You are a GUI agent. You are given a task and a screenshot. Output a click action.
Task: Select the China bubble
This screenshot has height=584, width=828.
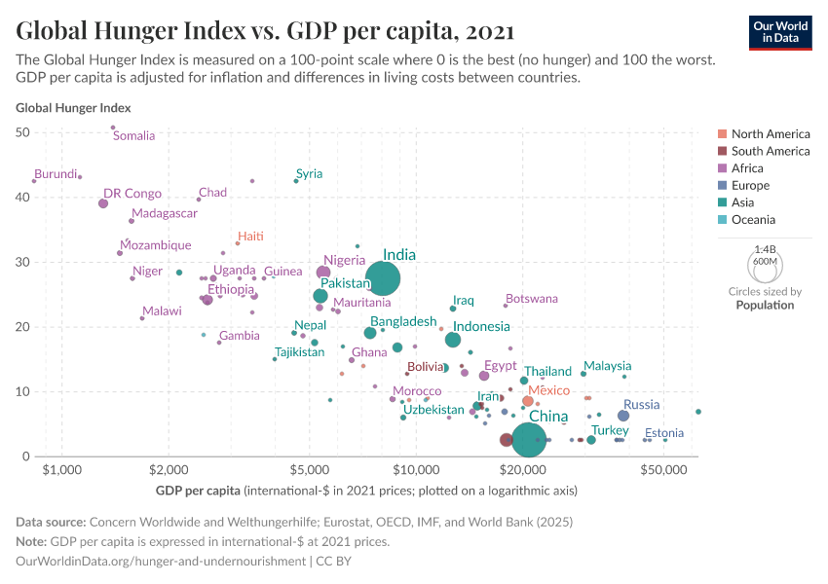[528, 440]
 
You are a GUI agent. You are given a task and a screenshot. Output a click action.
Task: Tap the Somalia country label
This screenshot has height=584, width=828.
[133, 135]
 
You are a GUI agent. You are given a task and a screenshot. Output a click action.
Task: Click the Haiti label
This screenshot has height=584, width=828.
[250, 237]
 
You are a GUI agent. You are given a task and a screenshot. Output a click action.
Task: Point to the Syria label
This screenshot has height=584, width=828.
[309, 174]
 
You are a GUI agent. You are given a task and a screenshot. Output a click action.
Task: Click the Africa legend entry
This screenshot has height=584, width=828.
[749, 168]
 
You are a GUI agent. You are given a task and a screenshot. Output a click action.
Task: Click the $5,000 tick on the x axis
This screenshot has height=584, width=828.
[310, 469]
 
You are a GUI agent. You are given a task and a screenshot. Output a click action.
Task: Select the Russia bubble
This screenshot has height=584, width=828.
[623, 416]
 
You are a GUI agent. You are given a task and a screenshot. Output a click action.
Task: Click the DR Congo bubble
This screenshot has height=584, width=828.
[103, 203]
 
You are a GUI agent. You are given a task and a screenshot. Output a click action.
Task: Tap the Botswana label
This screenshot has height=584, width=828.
[532, 299]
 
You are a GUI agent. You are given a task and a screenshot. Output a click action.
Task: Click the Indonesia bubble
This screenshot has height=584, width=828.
[453, 340]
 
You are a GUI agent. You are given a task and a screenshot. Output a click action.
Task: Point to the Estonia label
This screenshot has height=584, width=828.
[664, 433]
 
